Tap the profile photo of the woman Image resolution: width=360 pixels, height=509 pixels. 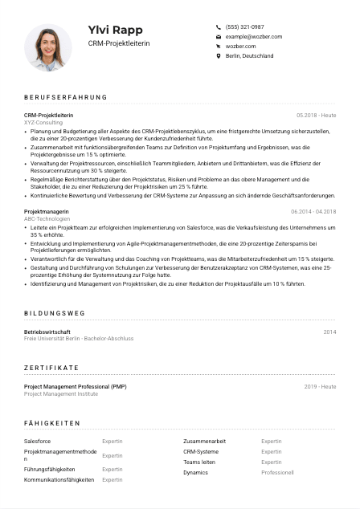pos(48,47)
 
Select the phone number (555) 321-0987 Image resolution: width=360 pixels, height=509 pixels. pos(244,26)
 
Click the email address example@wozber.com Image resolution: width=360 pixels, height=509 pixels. pos(253,37)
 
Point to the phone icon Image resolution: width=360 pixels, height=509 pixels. pos(218,26)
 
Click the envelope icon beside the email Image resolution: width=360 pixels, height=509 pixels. pos(218,37)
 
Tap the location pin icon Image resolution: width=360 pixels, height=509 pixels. pos(218,56)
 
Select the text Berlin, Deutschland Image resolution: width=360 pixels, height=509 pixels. pos(249,56)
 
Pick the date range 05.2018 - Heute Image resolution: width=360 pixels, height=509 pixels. pos(316,116)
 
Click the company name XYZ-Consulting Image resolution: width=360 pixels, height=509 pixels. pos(43,122)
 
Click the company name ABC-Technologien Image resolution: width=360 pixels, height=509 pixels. pos(47,218)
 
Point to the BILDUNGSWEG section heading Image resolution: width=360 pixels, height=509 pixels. pos(54,313)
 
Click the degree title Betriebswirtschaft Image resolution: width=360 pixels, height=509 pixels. pos(47,332)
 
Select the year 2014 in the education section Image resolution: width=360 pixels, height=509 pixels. pos(329,332)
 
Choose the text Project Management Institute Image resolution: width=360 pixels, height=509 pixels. pos(61,393)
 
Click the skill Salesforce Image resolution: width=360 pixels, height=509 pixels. pos(37,441)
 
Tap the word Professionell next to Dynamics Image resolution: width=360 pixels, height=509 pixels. pos(277,472)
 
